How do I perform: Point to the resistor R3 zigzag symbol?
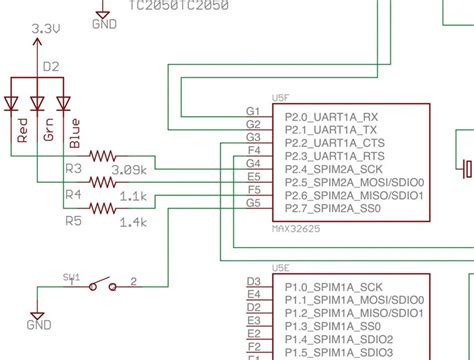[x=103, y=156]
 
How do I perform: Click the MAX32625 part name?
[x=297, y=228]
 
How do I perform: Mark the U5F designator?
[x=281, y=99]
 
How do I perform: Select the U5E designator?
[x=281, y=269]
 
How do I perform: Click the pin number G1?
[x=252, y=110]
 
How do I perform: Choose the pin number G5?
[x=252, y=201]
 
